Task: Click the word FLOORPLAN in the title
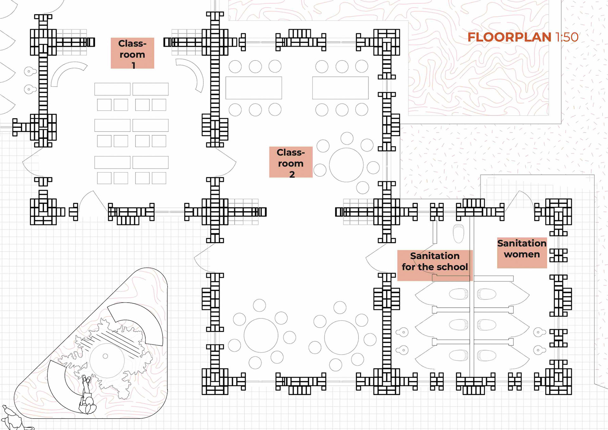point(509,37)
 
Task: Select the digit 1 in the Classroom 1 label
point(134,65)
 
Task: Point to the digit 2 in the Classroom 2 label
point(292,174)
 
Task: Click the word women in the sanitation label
point(522,254)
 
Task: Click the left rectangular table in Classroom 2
point(254,88)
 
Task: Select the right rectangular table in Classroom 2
point(340,88)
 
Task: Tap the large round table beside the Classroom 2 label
point(346,165)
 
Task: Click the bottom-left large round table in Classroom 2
point(261,335)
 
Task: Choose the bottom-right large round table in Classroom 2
point(341,337)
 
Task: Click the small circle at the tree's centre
point(105,356)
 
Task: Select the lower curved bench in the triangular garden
point(60,385)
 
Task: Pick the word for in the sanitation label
point(408,267)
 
